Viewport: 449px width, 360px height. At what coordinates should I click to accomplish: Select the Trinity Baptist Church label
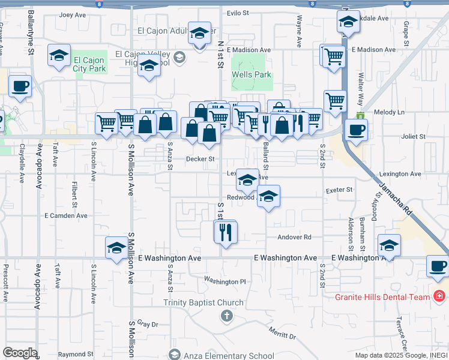[203, 303]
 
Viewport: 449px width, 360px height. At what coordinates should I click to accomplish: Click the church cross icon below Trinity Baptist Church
[226, 315]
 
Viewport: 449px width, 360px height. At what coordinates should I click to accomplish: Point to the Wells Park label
[252, 75]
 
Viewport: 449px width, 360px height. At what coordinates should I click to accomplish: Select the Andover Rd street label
[294, 237]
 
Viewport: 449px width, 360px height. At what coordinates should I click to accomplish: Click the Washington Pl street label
[225, 281]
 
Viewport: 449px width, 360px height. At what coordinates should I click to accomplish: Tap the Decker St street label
[200, 159]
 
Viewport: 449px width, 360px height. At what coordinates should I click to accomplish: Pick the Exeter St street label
[339, 190]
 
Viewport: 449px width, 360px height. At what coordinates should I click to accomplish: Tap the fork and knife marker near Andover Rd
[226, 232]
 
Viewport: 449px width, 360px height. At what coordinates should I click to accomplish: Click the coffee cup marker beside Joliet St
[356, 129]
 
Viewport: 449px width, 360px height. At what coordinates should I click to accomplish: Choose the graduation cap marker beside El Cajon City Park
[59, 56]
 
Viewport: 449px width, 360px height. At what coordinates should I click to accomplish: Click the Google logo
[20, 353]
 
